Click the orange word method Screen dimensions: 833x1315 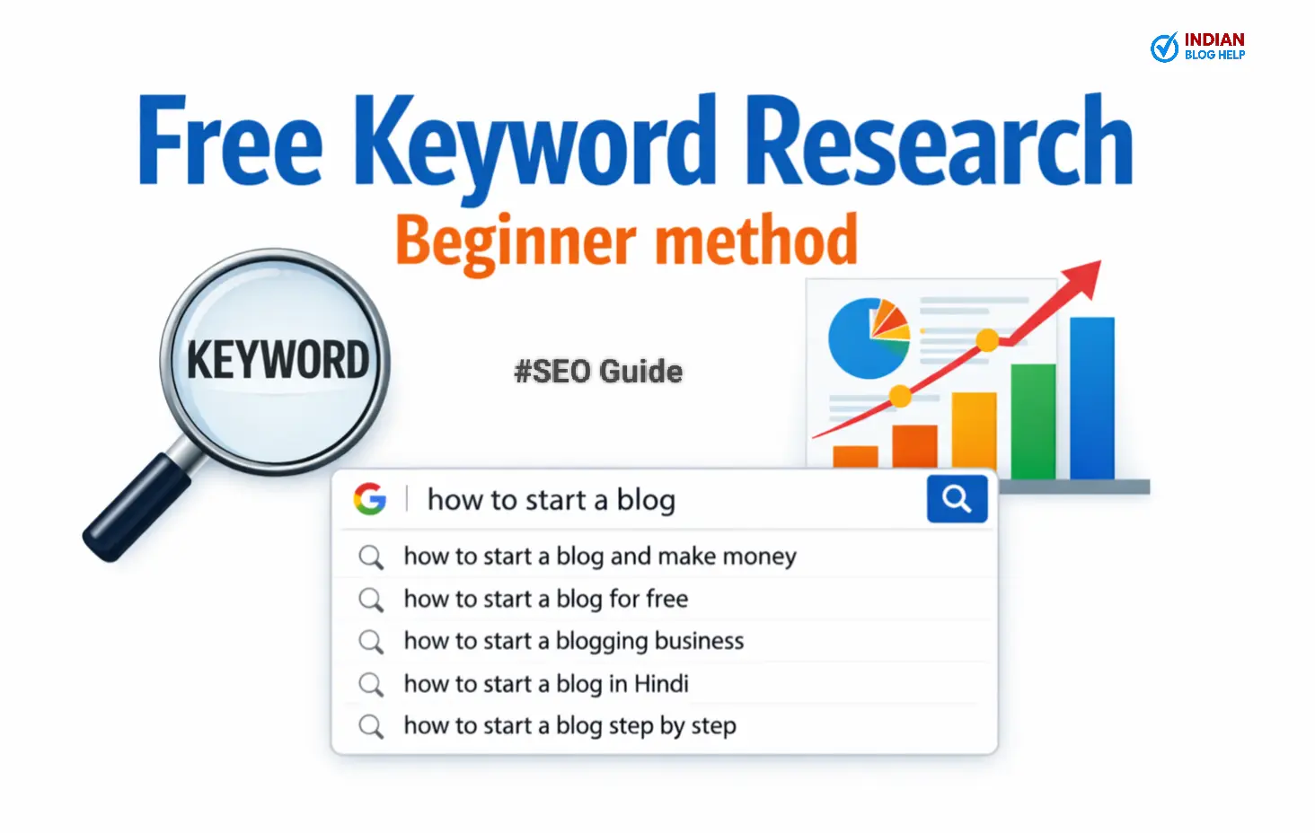pyautogui.click(x=755, y=241)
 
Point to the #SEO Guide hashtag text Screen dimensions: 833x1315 pyautogui.click(x=598, y=372)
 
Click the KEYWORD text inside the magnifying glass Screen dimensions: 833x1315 pyautogui.click(x=278, y=360)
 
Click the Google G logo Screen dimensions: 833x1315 pyautogui.click(x=370, y=499)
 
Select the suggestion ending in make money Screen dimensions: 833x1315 pyautogui.click(x=599, y=557)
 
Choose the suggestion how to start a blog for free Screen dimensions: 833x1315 pyautogui.click(x=545, y=599)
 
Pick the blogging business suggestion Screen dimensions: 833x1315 pyautogui.click(x=573, y=641)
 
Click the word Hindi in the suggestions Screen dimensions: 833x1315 pyautogui.click(x=661, y=684)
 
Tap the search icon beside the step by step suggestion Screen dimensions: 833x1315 pyautogui.click(x=371, y=726)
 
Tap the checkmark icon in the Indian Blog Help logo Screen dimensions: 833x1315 pyautogui.click(x=1164, y=48)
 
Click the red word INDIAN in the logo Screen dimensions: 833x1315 pyautogui.click(x=1214, y=39)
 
